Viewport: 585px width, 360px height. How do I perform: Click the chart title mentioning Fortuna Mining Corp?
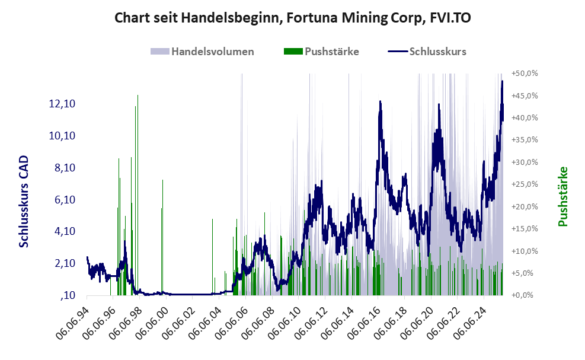pos(292,18)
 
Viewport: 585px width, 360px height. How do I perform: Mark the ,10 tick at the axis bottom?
pos(66,295)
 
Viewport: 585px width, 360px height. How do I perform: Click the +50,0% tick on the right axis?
pos(524,74)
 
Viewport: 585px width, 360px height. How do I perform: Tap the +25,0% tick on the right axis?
pos(524,184)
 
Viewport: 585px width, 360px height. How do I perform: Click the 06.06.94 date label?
pos(73,323)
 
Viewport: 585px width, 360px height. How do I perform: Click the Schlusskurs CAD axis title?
pos(24,202)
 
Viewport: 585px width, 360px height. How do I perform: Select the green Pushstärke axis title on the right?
pos(563,196)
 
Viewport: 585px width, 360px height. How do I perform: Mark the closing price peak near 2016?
pos(379,102)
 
